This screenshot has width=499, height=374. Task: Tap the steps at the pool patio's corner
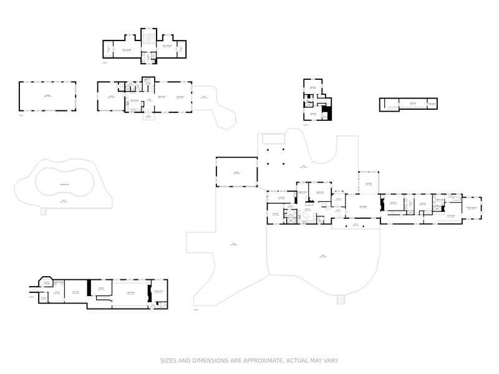point(43,211)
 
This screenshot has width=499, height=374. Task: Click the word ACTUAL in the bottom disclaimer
point(293,361)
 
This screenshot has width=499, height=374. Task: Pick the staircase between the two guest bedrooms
point(148,42)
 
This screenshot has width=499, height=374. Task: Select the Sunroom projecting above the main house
point(369,182)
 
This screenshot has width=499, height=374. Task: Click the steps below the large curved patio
point(340,300)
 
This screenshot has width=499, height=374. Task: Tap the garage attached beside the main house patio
point(236,172)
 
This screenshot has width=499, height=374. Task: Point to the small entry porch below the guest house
point(148,117)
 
